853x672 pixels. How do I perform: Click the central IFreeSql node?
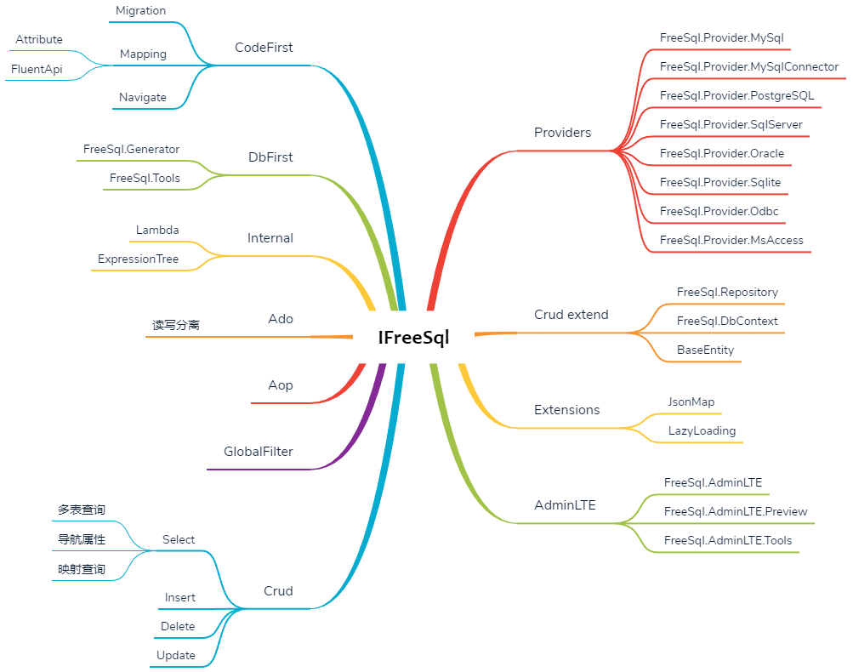[413, 338]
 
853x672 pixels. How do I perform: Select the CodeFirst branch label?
[264, 48]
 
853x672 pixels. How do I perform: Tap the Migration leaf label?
[141, 11]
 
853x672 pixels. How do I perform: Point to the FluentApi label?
[37, 69]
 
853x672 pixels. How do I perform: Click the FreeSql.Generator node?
[132, 150]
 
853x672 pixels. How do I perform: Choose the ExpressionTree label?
[139, 259]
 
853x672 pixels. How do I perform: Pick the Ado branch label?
[281, 319]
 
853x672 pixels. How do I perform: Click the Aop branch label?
[281, 385]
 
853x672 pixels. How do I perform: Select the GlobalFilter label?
[259, 452]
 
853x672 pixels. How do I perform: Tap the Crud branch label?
[278, 591]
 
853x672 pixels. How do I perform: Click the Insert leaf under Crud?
[180, 598]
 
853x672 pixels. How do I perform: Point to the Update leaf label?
[176, 656]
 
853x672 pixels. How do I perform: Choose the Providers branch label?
[562, 133]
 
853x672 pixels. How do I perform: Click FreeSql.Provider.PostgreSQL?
[736, 96]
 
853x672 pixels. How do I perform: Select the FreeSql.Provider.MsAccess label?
[731, 241]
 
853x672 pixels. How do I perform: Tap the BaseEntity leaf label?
[705, 350]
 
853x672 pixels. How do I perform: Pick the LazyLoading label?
[702, 431]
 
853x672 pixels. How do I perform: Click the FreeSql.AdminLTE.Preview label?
[736, 511]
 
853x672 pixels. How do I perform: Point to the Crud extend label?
[572, 315]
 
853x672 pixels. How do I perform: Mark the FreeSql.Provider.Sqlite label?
[720, 183]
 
